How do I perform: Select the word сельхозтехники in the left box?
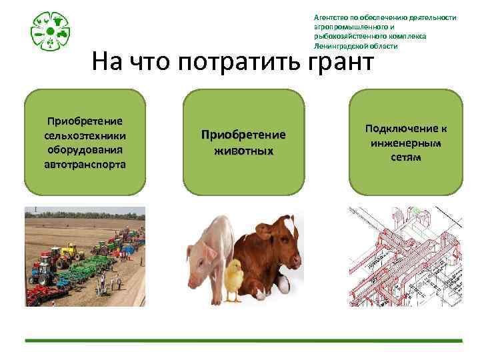point(85,135)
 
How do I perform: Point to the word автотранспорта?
point(85,164)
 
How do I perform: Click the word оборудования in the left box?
point(85,149)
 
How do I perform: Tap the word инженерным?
point(405,143)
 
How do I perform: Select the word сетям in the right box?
point(405,157)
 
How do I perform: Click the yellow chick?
point(233,281)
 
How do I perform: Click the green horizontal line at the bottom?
point(243,341)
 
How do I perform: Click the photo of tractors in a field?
point(85,256)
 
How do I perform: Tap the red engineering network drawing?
point(405,256)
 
